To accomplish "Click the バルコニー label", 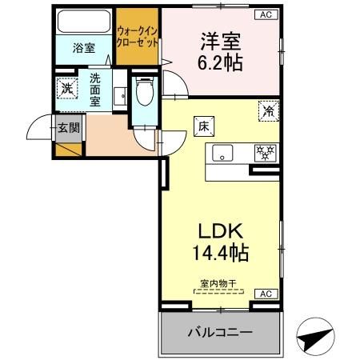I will (220, 331).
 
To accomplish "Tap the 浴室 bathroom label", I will (83, 47).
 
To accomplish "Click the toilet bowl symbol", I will (145, 94).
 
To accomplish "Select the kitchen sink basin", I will (223, 154).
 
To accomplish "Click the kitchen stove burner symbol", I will (263, 151).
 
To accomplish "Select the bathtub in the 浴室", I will (84, 22).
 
